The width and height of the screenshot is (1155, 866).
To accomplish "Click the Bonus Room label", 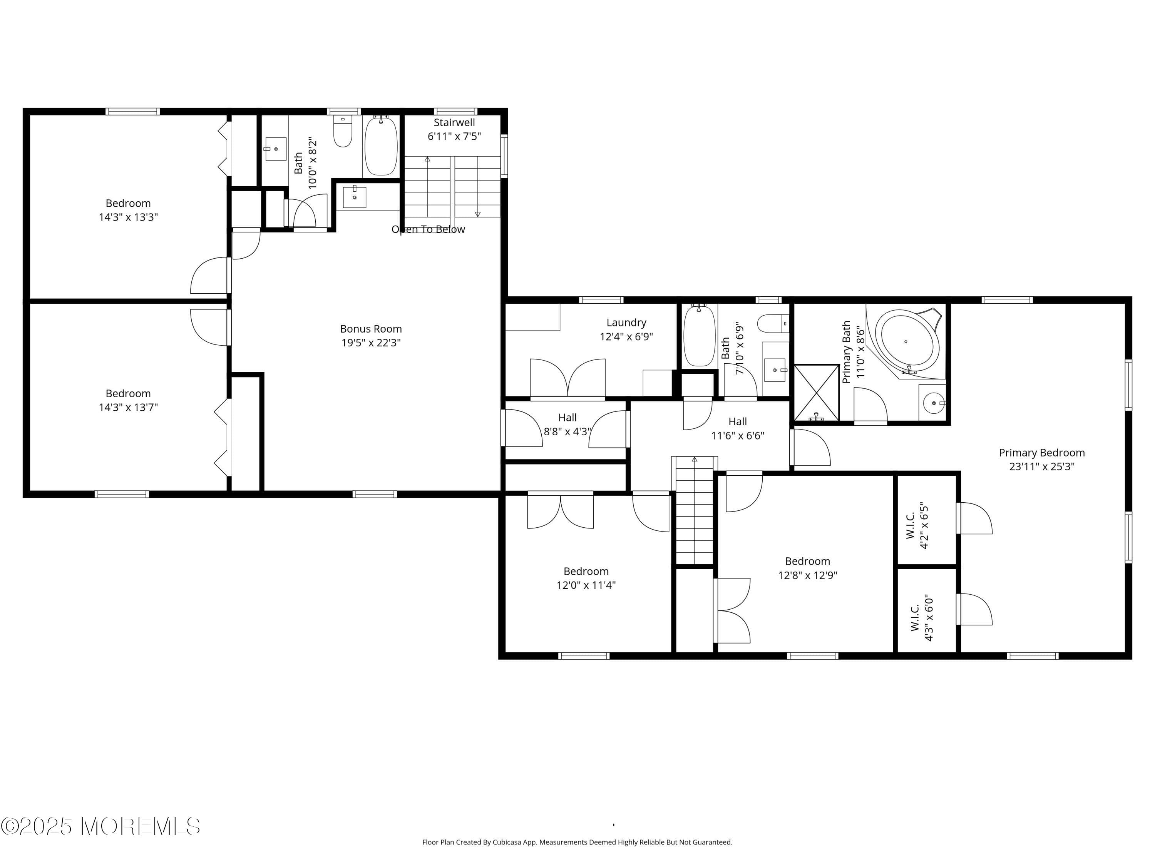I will [371, 329].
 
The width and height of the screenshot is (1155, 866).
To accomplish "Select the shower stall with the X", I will [816, 392].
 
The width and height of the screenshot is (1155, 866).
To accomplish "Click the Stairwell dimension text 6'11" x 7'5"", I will [454, 137].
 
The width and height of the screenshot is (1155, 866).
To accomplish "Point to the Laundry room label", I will [626, 323].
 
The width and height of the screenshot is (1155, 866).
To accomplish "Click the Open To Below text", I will [428, 229].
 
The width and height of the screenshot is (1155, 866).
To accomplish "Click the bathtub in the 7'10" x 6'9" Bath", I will [699, 337].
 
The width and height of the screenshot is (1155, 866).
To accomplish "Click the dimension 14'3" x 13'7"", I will [129, 407].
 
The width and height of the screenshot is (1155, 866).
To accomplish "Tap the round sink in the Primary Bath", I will [932, 403].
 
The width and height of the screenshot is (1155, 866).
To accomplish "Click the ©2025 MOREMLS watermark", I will [100, 826].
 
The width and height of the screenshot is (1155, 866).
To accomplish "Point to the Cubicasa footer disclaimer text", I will [577, 842].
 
